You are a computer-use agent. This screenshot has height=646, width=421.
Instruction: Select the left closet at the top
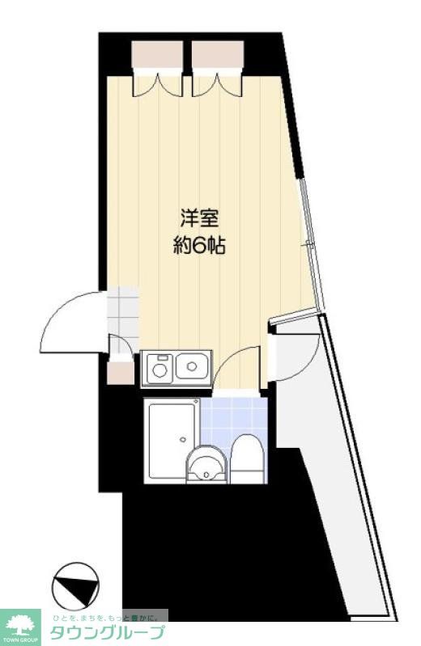pos(157,55)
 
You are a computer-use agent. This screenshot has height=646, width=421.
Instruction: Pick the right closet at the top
pos(218,55)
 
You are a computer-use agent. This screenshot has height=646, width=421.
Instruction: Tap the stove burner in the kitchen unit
pos(159,369)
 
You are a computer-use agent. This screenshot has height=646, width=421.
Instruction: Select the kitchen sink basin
pos(193,367)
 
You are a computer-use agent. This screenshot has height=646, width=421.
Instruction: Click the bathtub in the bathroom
pos(171,441)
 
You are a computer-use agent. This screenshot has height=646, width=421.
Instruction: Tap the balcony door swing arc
pos(292,356)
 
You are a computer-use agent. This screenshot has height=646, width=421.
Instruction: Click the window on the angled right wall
pos(311,243)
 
